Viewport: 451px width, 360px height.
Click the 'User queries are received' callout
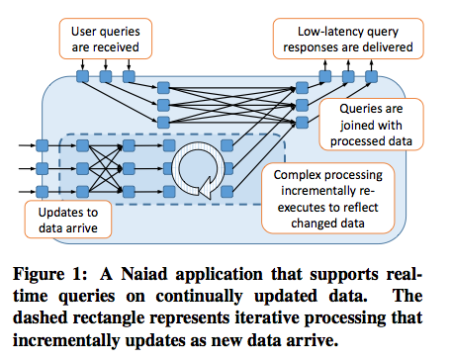[x=106, y=39]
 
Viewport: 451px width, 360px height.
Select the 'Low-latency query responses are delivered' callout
[x=348, y=39]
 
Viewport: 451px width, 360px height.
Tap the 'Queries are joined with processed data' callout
[x=371, y=125]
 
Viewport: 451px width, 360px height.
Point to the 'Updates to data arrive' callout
[x=68, y=220]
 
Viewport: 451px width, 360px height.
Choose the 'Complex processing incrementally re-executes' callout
[x=328, y=198]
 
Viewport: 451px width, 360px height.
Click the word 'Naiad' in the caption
[x=144, y=274]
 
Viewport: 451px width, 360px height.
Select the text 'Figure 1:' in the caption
[x=50, y=274]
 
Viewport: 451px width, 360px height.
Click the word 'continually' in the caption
[x=199, y=296]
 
